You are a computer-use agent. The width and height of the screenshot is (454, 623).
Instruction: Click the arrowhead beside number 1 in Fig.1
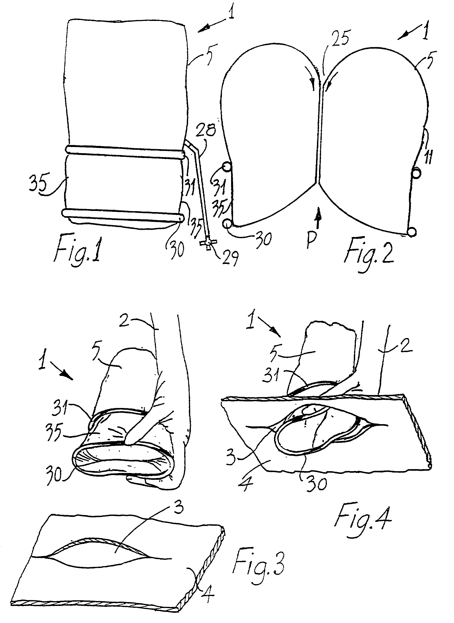205,28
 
